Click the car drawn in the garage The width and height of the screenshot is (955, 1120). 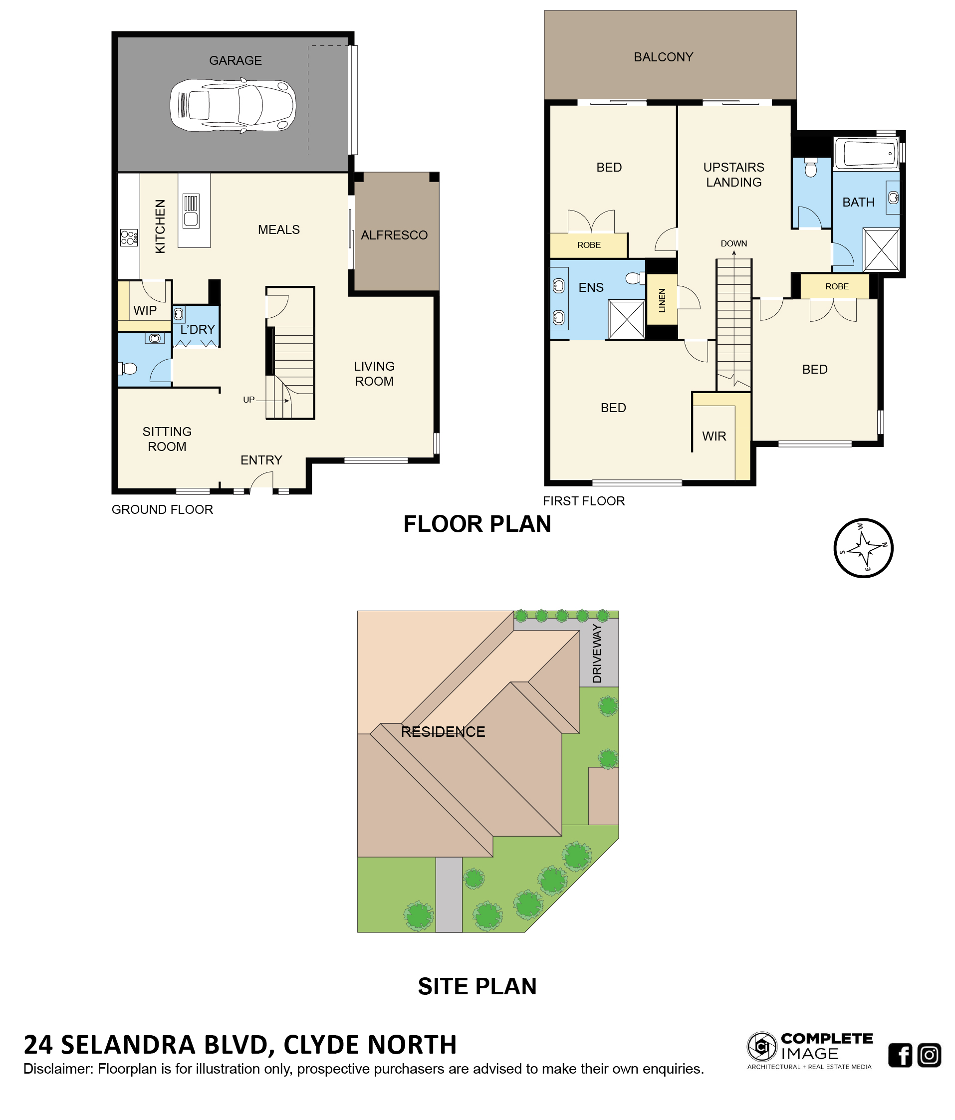coord(233,105)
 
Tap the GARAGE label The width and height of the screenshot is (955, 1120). coord(235,60)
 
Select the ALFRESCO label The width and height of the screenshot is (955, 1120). coord(394,235)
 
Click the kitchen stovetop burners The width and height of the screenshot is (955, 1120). coord(129,237)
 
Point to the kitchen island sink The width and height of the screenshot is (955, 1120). coord(191,211)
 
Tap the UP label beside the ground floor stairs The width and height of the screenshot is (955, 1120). coord(248,400)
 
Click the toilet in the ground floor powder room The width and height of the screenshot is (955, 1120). coord(128,369)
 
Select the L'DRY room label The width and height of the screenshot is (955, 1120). coord(198,329)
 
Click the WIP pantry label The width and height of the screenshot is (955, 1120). coord(145,310)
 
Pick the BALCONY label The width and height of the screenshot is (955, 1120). coord(663,57)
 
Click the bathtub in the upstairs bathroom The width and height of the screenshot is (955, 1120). coord(866,154)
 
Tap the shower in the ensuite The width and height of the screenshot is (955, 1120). coord(626,319)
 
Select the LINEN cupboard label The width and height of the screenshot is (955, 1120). coord(662,300)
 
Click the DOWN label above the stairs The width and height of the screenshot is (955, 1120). coord(733,244)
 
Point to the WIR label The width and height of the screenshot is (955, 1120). coord(714,436)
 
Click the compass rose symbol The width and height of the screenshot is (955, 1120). coord(863,548)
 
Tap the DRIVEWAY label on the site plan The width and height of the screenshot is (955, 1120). coord(597,654)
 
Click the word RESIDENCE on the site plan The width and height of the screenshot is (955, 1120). coord(443,732)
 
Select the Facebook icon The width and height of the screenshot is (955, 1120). coord(900,1055)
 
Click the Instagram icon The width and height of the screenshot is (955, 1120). coord(929,1055)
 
